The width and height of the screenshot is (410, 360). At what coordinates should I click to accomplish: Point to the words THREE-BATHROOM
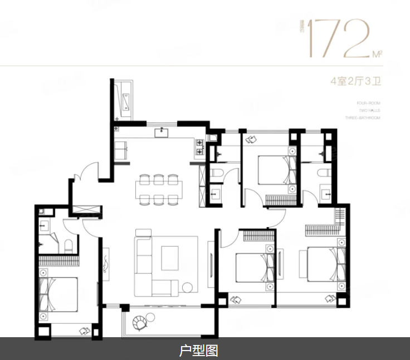(363, 119)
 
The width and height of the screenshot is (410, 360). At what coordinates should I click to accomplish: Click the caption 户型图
(198, 351)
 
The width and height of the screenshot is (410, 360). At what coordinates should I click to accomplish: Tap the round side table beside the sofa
(188, 288)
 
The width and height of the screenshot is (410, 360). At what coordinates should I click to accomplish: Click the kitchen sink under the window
(163, 132)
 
